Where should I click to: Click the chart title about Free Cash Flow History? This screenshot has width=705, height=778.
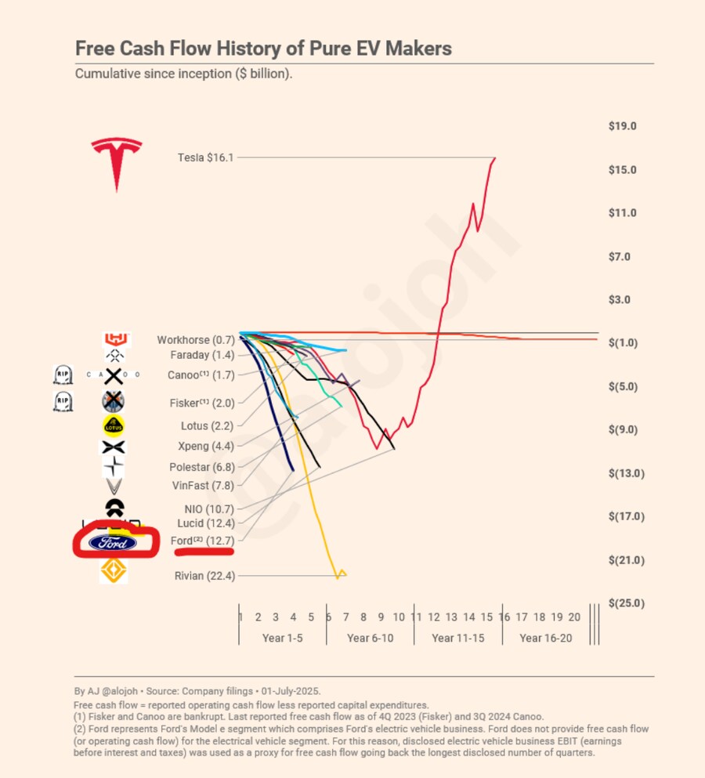tap(263, 49)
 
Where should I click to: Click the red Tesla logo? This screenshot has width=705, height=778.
tap(116, 163)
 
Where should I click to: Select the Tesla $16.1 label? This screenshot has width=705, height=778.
tap(205, 157)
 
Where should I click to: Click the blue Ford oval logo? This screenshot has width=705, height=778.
tap(113, 543)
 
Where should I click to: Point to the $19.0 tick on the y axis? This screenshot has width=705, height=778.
tap(622, 126)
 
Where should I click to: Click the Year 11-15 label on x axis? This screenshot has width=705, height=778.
tap(458, 638)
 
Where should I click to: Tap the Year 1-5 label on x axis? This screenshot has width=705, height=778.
tap(283, 638)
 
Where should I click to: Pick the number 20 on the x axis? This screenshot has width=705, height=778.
tap(573, 617)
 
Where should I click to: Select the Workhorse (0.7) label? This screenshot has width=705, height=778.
tap(196, 340)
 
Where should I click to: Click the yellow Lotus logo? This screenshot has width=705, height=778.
tap(114, 425)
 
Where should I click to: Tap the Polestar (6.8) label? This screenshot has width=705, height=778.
tap(201, 467)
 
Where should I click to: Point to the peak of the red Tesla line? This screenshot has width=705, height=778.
tap(494, 158)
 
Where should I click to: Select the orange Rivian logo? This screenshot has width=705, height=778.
tap(114, 572)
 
